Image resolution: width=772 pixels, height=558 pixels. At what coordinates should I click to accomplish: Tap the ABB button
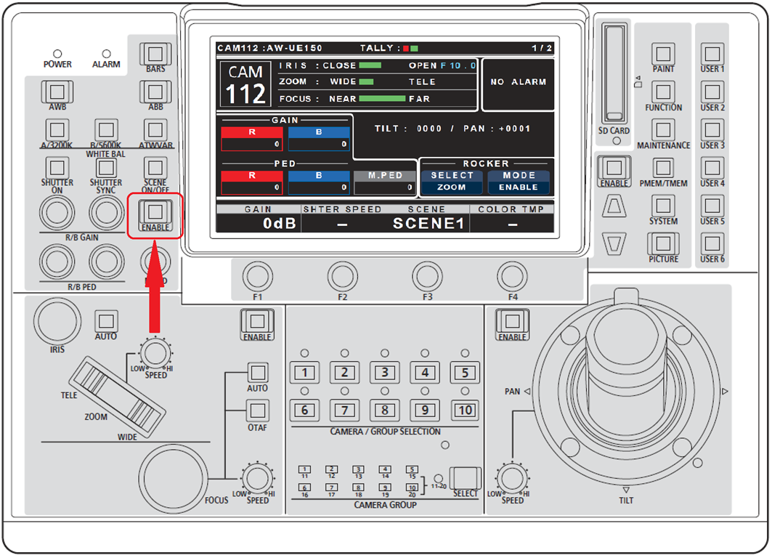tap(154, 92)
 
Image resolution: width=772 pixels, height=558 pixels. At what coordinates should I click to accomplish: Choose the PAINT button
tap(664, 54)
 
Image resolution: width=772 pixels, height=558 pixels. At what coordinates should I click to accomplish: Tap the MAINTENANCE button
tap(664, 130)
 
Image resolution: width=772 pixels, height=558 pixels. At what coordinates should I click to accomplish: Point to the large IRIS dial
tap(57, 320)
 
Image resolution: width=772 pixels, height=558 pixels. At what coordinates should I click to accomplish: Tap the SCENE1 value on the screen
tap(428, 223)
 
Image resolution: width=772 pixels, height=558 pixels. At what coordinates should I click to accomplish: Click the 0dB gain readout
tap(279, 223)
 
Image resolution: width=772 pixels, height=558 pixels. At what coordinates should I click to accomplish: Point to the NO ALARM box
tap(518, 83)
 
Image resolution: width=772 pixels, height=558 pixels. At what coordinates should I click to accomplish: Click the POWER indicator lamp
tap(57, 54)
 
